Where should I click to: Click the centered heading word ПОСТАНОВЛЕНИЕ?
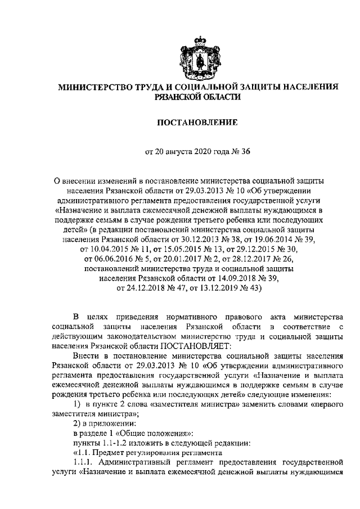pos(199,122)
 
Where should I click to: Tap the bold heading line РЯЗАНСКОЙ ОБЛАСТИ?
pos(199,97)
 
